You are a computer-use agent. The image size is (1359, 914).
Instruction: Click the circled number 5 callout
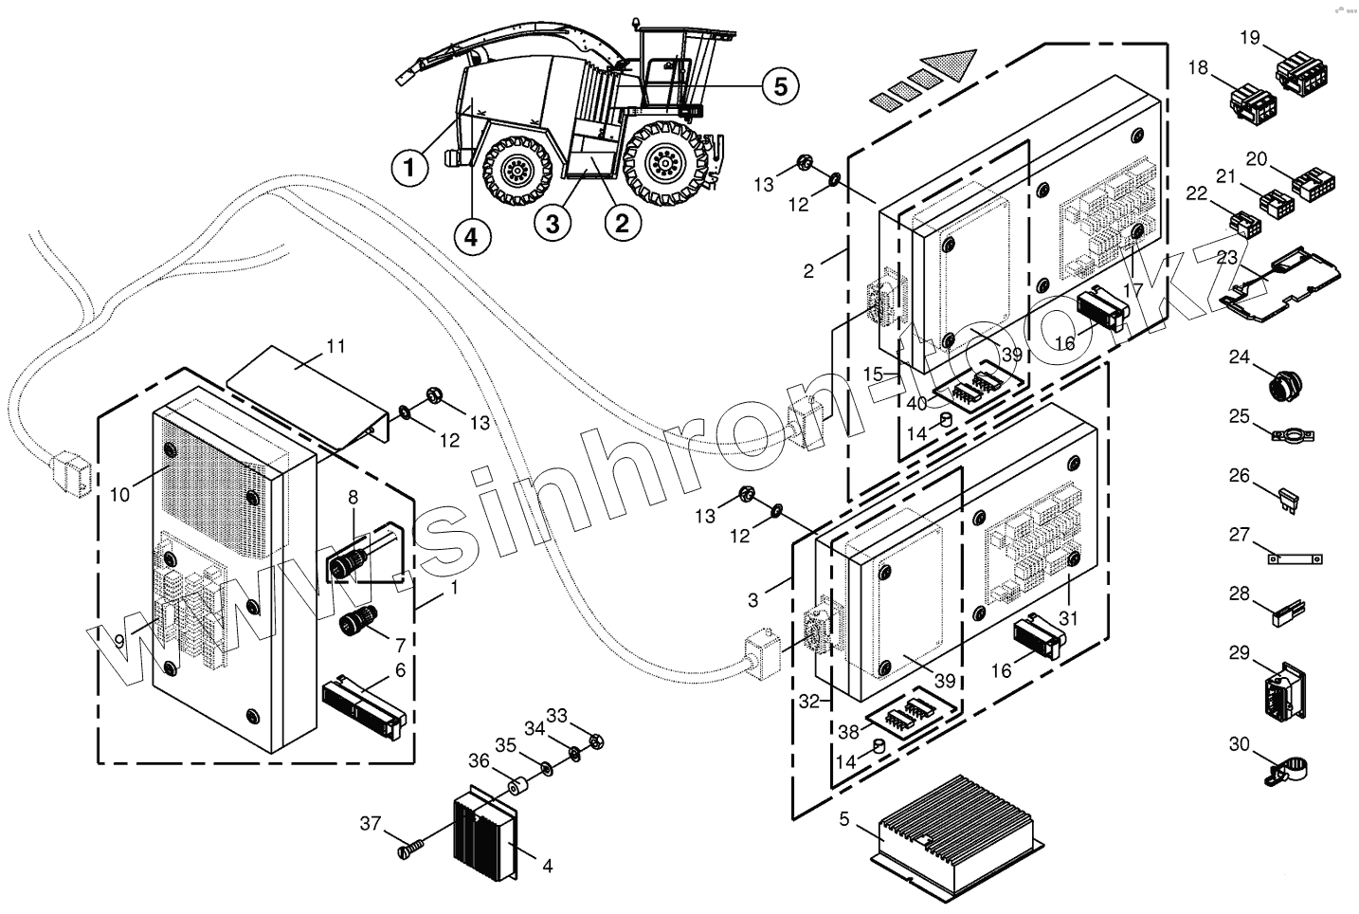(x=780, y=85)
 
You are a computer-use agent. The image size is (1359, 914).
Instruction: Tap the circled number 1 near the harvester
(x=409, y=169)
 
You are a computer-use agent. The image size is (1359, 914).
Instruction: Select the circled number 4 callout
(x=472, y=233)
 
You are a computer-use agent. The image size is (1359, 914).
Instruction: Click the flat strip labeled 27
(x=1295, y=559)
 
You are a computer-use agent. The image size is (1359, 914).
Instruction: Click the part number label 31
(x=1069, y=618)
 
